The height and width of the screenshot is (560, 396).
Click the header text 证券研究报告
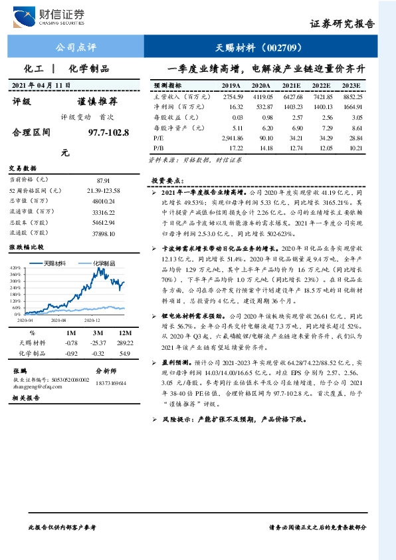342,24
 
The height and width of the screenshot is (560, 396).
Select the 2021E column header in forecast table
291,86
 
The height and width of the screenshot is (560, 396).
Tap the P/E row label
159,137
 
